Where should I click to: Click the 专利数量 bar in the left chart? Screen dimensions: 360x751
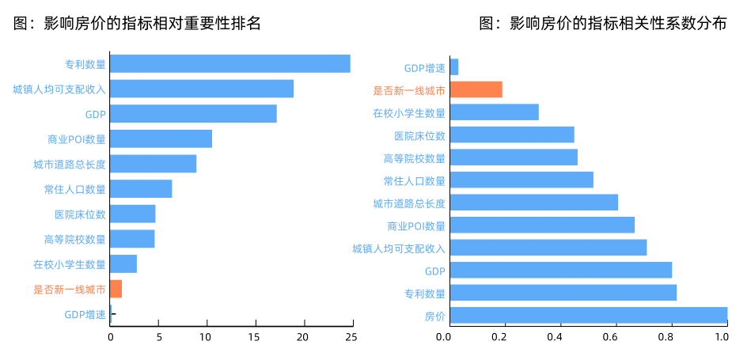(229, 64)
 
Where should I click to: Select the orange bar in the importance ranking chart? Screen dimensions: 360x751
(116, 289)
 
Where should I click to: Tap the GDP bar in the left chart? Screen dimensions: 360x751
(193, 114)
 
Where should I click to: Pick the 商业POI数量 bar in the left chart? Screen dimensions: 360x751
(161, 139)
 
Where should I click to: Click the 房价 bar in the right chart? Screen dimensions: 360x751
(588, 316)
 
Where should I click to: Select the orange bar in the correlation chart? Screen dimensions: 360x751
(476, 89)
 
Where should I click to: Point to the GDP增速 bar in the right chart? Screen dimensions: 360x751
(454, 67)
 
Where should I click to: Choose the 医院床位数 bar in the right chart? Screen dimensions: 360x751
(512, 135)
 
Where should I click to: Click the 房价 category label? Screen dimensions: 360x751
(434, 317)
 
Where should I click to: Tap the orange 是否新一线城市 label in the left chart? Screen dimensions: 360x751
(70, 290)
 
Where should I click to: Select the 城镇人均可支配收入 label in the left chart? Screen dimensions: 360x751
(59, 89)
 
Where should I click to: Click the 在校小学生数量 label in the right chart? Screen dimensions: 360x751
(409, 113)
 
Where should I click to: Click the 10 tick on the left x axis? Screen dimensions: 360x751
(207, 337)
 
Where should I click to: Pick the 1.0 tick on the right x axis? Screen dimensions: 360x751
(721, 337)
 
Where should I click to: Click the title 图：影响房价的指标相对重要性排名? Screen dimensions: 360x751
(137, 24)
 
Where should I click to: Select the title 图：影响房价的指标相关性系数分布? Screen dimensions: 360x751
(603, 24)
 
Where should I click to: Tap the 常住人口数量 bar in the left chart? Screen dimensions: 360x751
(141, 189)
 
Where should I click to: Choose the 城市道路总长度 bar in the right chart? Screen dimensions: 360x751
(533, 203)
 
